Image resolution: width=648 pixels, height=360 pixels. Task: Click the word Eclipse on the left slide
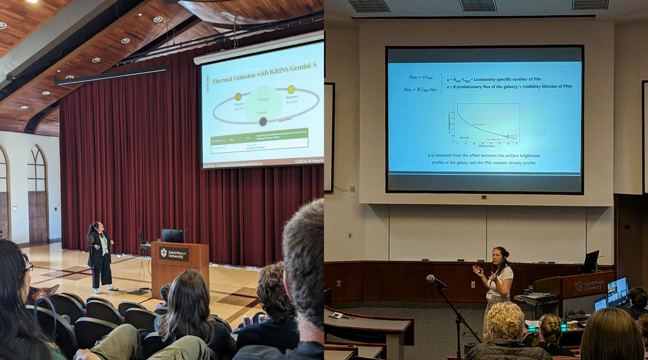click(x=263, y=99)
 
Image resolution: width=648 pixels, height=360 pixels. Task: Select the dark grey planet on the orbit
click(x=263, y=122)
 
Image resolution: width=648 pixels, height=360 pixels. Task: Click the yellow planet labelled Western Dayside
click(x=291, y=89)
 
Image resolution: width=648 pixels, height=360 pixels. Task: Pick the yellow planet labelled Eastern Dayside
click(x=238, y=96)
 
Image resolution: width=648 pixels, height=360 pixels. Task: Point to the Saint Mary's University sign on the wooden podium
click(x=174, y=254)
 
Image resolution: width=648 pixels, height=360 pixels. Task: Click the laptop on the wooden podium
click(x=172, y=236)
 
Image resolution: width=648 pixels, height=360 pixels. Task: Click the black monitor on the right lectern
click(x=591, y=261)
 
